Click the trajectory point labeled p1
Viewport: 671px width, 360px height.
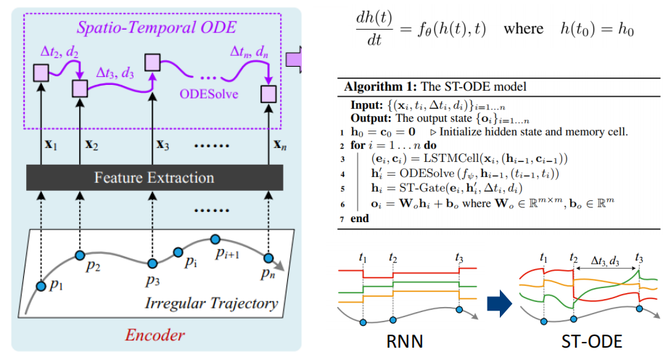[x=41, y=287]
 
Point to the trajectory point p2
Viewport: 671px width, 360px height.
[x=81, y=255]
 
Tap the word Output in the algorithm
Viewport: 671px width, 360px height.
[x=371, y=117]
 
